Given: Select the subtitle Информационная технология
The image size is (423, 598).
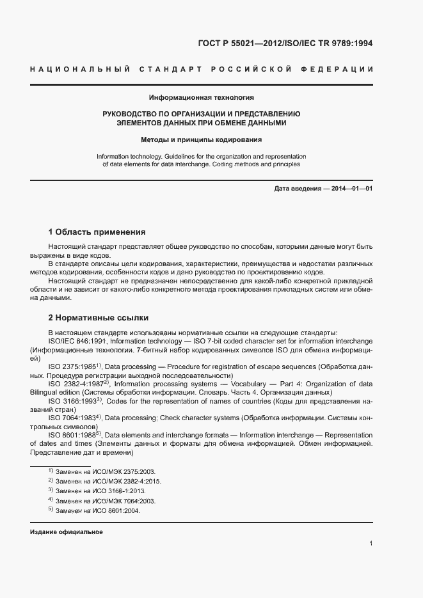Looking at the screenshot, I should [x=201, y=98].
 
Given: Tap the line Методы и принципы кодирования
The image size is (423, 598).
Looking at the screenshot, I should [x=201, y=139].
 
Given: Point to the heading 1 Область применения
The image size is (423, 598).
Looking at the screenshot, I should [x=97, y=232].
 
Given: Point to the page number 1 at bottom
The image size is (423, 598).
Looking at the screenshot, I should [x=371, y=544].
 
